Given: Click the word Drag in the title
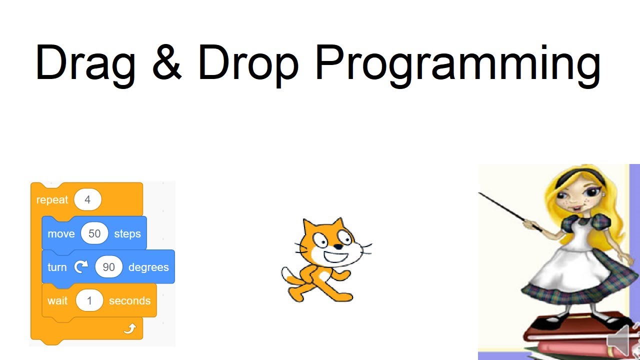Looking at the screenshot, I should pyautogui.click(x=85, y=63).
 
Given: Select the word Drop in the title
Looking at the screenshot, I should pyautogui.click(x=248, y=63).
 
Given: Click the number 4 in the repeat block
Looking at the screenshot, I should pyautogui.click(x=87, y=200).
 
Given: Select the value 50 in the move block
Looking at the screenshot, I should pyautogui.click(x=94, y=234).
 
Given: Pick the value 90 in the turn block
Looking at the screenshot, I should pyautogui.click(x=108, y=267).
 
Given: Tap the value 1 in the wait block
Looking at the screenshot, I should pyautogui.click(x=89, y=301).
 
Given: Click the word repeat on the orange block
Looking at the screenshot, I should pyautogui.click(x=52, y=200).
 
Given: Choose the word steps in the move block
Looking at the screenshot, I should pyautogui.click(x=127, y=234).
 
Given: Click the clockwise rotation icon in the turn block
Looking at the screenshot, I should pyautogui.click(x=80, y=267).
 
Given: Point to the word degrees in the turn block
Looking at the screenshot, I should pyautogui.click(x=148, y=267).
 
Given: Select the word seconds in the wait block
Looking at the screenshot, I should pyautogui.click(x=129, y=301).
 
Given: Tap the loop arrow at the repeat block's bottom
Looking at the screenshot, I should pyautogui.click(x=129, y=328).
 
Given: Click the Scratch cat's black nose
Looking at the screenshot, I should pyautogui.click(x=338, y=246).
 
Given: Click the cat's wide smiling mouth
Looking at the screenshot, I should pyautogui.click(x=339, y=257).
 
